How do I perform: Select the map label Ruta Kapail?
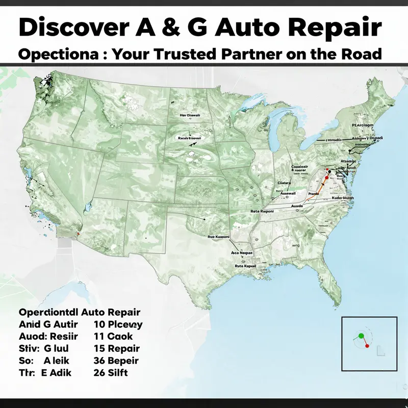point(244,266)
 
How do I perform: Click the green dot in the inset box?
point(361,336)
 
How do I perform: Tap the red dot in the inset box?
point(367,346)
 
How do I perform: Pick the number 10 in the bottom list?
point(99,324)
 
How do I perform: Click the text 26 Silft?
point(111,373)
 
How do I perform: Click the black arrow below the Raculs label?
point(193,144)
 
